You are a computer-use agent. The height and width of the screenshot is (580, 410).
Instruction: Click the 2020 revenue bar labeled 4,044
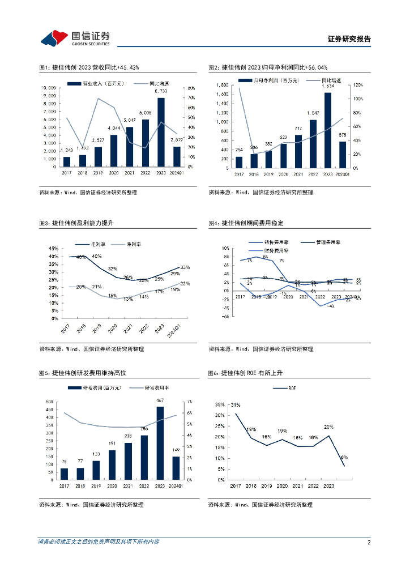tap(113, 151)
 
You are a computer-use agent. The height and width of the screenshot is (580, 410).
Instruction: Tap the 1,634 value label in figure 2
tap(328, 87)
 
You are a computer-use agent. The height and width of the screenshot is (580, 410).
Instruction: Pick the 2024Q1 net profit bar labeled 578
tap(343, 155)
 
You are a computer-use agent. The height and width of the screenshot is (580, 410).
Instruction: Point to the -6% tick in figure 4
tap(225, 317)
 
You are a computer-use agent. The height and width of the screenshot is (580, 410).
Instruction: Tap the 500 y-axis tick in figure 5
tap(49, 402)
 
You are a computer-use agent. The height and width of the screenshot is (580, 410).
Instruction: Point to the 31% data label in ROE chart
tap(236, 405)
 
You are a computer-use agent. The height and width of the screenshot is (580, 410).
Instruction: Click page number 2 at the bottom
tap(369, 542)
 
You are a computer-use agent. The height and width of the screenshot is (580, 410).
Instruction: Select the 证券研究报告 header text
tap(349, 39)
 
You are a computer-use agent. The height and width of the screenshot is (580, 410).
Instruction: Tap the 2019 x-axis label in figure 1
tap(98, 173)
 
